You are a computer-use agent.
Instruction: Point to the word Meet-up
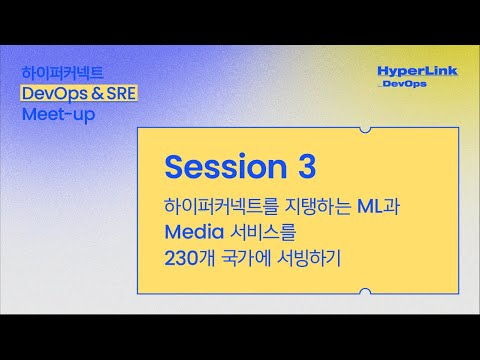click(x=62, y=112)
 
